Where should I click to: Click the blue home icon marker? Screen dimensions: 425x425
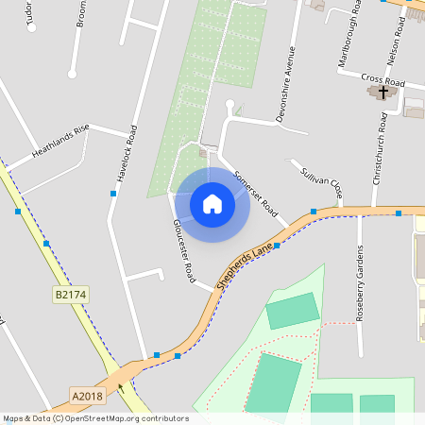tap(212, 204)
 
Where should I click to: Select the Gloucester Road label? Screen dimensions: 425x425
tap(183, 252)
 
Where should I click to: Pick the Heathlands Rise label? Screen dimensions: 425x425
tap(60, 139)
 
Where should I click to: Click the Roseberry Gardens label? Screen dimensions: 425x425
tap(360, 283)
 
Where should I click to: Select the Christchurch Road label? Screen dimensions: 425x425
tap(382, 147)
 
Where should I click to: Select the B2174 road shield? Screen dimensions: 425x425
tap(70, 296)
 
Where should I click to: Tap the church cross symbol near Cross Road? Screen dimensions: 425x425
tap(382, 92)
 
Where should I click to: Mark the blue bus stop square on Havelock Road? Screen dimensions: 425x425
tap(113, 194)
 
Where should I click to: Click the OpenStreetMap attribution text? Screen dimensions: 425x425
tap(94, 418)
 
